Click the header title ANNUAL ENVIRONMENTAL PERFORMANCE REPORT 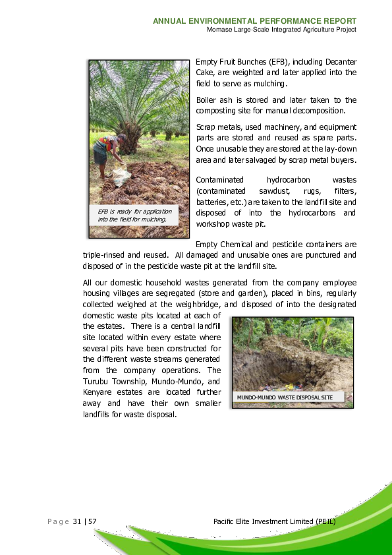tap(254, 21)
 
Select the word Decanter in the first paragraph tap(333, 61)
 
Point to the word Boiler tap(207, 100)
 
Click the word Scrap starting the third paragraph tap(207, 127)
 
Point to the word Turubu tap(96, 381)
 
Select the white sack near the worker tap(121, 176)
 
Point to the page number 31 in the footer tap(76, 521)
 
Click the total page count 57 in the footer tap(92, 521)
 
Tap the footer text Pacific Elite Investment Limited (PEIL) tap(275, 521)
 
